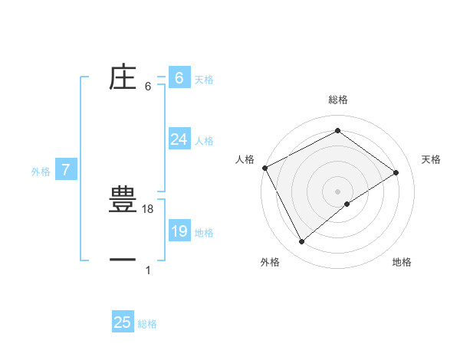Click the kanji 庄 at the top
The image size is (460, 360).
123,77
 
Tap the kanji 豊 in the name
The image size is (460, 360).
123,201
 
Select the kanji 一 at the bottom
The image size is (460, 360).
123,260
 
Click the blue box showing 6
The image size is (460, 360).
179,78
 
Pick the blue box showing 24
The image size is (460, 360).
179,139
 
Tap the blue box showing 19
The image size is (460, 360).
179,231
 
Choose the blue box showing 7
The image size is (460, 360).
66,171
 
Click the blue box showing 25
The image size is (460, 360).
123,322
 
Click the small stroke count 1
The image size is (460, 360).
148,270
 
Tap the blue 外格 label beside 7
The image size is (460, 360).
41,172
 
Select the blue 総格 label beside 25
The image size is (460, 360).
148,324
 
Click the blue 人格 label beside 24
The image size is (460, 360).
204,141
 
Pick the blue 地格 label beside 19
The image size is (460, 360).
204,233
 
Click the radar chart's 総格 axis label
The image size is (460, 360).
337,100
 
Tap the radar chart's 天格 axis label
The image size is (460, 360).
431,159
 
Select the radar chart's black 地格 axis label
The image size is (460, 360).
402,262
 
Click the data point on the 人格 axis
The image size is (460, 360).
264,168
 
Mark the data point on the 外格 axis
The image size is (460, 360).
302,242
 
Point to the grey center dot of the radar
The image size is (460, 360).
337,191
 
